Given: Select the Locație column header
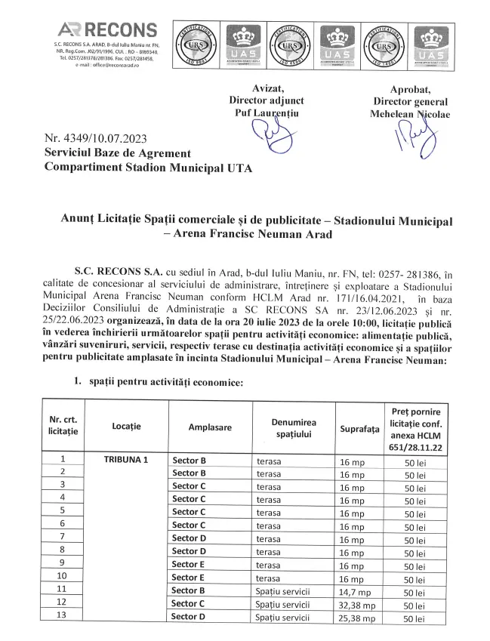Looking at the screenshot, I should [x=126, y=427].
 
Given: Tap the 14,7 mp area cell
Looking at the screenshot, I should [x=353, y=590].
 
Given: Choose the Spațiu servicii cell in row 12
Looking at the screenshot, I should [x=282, y=604].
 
